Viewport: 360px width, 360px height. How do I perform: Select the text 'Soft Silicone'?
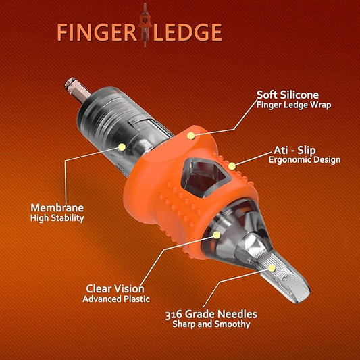point(286,95)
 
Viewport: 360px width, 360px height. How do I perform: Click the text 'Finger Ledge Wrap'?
point(294,105)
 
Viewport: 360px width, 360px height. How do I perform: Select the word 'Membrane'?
point(57,207)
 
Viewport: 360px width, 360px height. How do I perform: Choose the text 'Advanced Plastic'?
point(116,298)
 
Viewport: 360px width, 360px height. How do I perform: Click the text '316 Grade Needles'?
point(211,313)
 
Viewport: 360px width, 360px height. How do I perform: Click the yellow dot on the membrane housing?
point(122,146)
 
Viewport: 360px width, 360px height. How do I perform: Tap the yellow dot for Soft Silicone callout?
point(191,136)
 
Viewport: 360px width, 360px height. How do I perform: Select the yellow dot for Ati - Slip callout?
point(231,165)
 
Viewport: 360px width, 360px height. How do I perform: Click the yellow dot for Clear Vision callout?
point(216,235)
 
